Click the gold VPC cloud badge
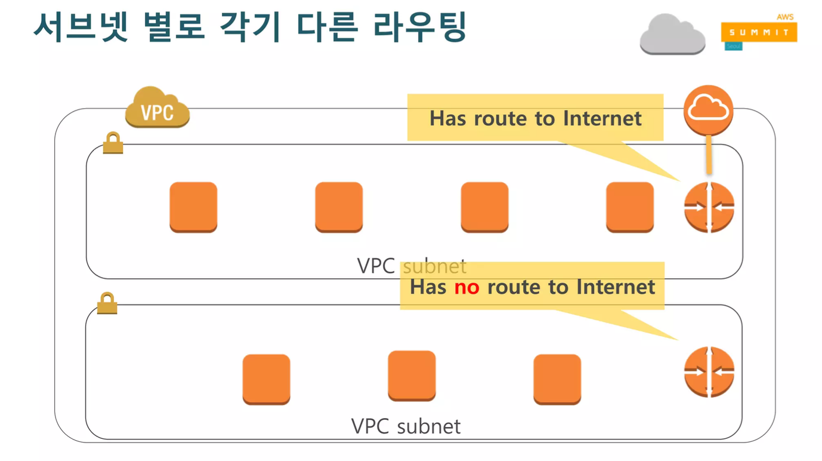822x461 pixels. [x=157, y=108]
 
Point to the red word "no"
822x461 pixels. [x=466, y=287]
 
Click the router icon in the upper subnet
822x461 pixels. [x=709, y=207]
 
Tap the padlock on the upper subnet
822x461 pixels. [x=113, y=143]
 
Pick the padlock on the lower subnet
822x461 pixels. [x=107, y=303]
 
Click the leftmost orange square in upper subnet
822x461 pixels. [x=193, y=207]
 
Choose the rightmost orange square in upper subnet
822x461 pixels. [x=630, y=207]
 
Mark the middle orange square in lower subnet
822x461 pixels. [x=412, y=376]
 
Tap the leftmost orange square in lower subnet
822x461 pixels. [x=266, y=379]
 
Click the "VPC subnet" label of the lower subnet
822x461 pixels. [x=406, y=426]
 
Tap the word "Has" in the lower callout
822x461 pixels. [x=428, y=287]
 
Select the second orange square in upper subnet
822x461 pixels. [x=339, y=207]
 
